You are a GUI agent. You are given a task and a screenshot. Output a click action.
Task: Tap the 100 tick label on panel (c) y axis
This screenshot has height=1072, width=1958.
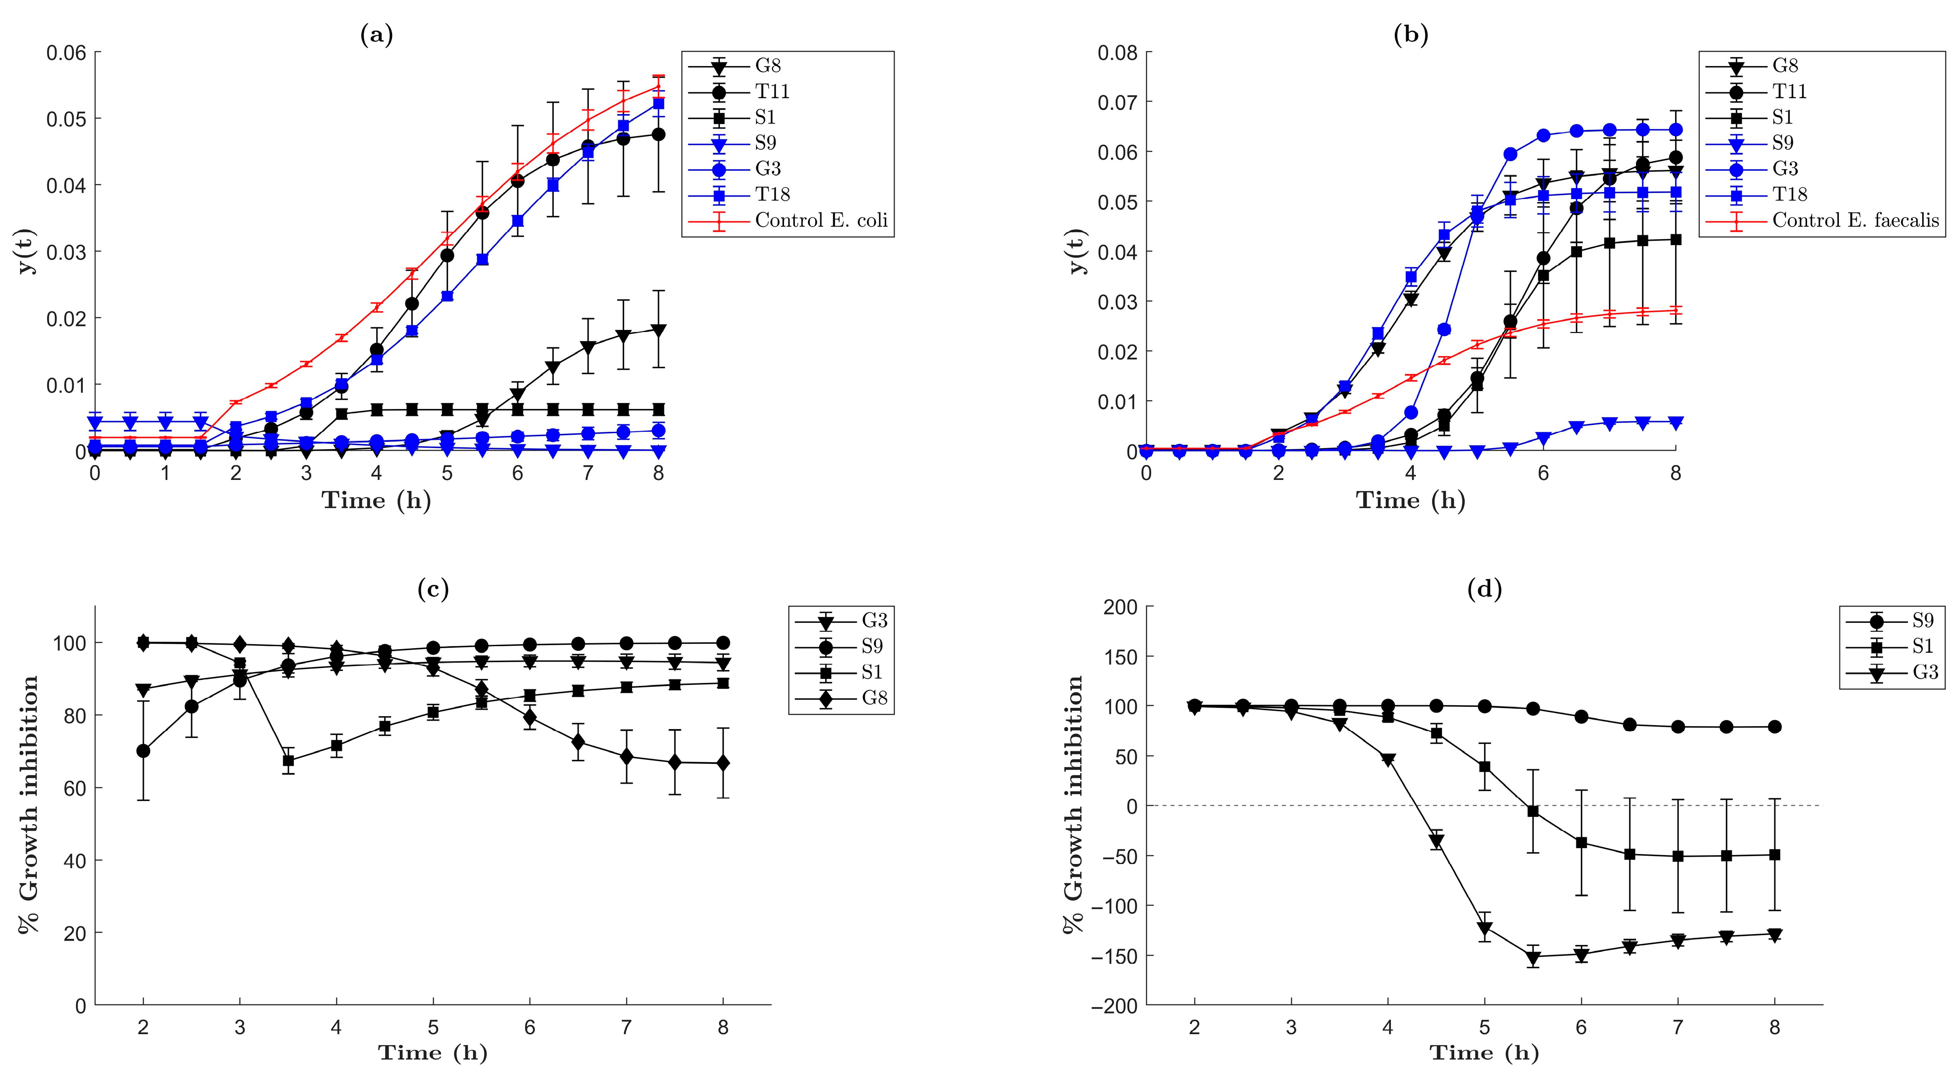[x=68, y=643]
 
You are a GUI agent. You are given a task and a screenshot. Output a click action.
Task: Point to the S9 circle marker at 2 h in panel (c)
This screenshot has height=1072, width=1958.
[x=143, y=751]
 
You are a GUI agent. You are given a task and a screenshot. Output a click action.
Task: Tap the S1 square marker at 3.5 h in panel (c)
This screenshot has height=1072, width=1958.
[x=288, y=760]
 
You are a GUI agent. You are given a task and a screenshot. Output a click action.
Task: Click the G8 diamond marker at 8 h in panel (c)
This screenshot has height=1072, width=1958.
[x=723, y=763]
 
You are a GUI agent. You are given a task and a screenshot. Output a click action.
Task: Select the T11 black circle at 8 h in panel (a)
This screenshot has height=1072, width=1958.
[x=658, y=134]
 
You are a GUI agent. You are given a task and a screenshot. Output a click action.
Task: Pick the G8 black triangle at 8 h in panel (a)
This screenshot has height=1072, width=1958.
[x=658, y=330]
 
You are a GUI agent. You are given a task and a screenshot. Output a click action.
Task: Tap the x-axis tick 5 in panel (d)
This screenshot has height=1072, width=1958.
[x=1485, y=1027]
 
